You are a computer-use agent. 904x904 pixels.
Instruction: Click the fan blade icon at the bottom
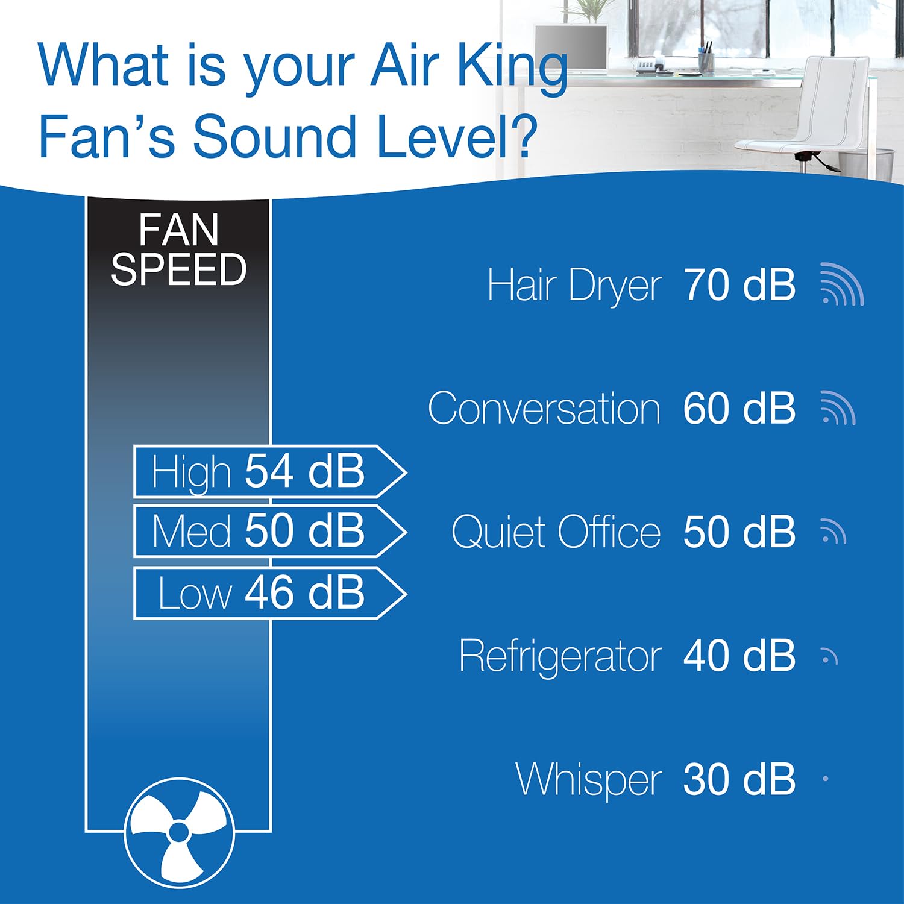(x=179, y=832)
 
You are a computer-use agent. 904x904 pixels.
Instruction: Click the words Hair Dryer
(x=574, y=285)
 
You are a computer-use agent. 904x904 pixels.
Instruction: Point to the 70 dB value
(x=739, y=285)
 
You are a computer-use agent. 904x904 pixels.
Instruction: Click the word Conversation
(x=544, y=409)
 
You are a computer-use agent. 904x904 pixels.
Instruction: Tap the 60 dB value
(x=739, y=409)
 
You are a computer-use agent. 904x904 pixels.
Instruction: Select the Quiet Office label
(x=556, y=532)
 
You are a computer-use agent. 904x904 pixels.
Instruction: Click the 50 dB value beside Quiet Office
(x=739, y=532)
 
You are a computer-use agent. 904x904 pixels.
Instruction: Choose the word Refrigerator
(x=560, y=656)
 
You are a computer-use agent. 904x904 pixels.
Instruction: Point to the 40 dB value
(x=739, y=656)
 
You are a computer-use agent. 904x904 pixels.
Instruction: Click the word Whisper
(x=588, y=779)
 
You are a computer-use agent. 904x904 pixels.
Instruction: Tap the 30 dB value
(x=739, y=779)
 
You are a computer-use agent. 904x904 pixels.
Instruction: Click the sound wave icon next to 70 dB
(x=842, y=284)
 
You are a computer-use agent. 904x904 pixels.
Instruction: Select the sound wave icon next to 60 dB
(x=838, y=408)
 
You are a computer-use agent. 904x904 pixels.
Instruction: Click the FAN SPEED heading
(x=178, y=250)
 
